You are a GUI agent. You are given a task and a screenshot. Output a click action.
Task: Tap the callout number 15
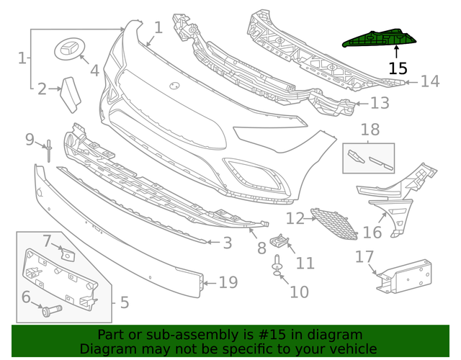click(x=398, y=68)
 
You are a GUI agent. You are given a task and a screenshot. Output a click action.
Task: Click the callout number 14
click(x=429, y=81)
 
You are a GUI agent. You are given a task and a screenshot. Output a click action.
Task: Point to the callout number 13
click(x=380, y=104)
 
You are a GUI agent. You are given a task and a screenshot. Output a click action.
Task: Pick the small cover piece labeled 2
click(x=72, y=92)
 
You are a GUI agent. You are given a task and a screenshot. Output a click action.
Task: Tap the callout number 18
click(x=370, y=130)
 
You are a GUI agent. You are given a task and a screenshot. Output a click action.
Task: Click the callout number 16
click(x=372, y=232)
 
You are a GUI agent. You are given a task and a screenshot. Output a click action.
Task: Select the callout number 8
click(x=261, y=248)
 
